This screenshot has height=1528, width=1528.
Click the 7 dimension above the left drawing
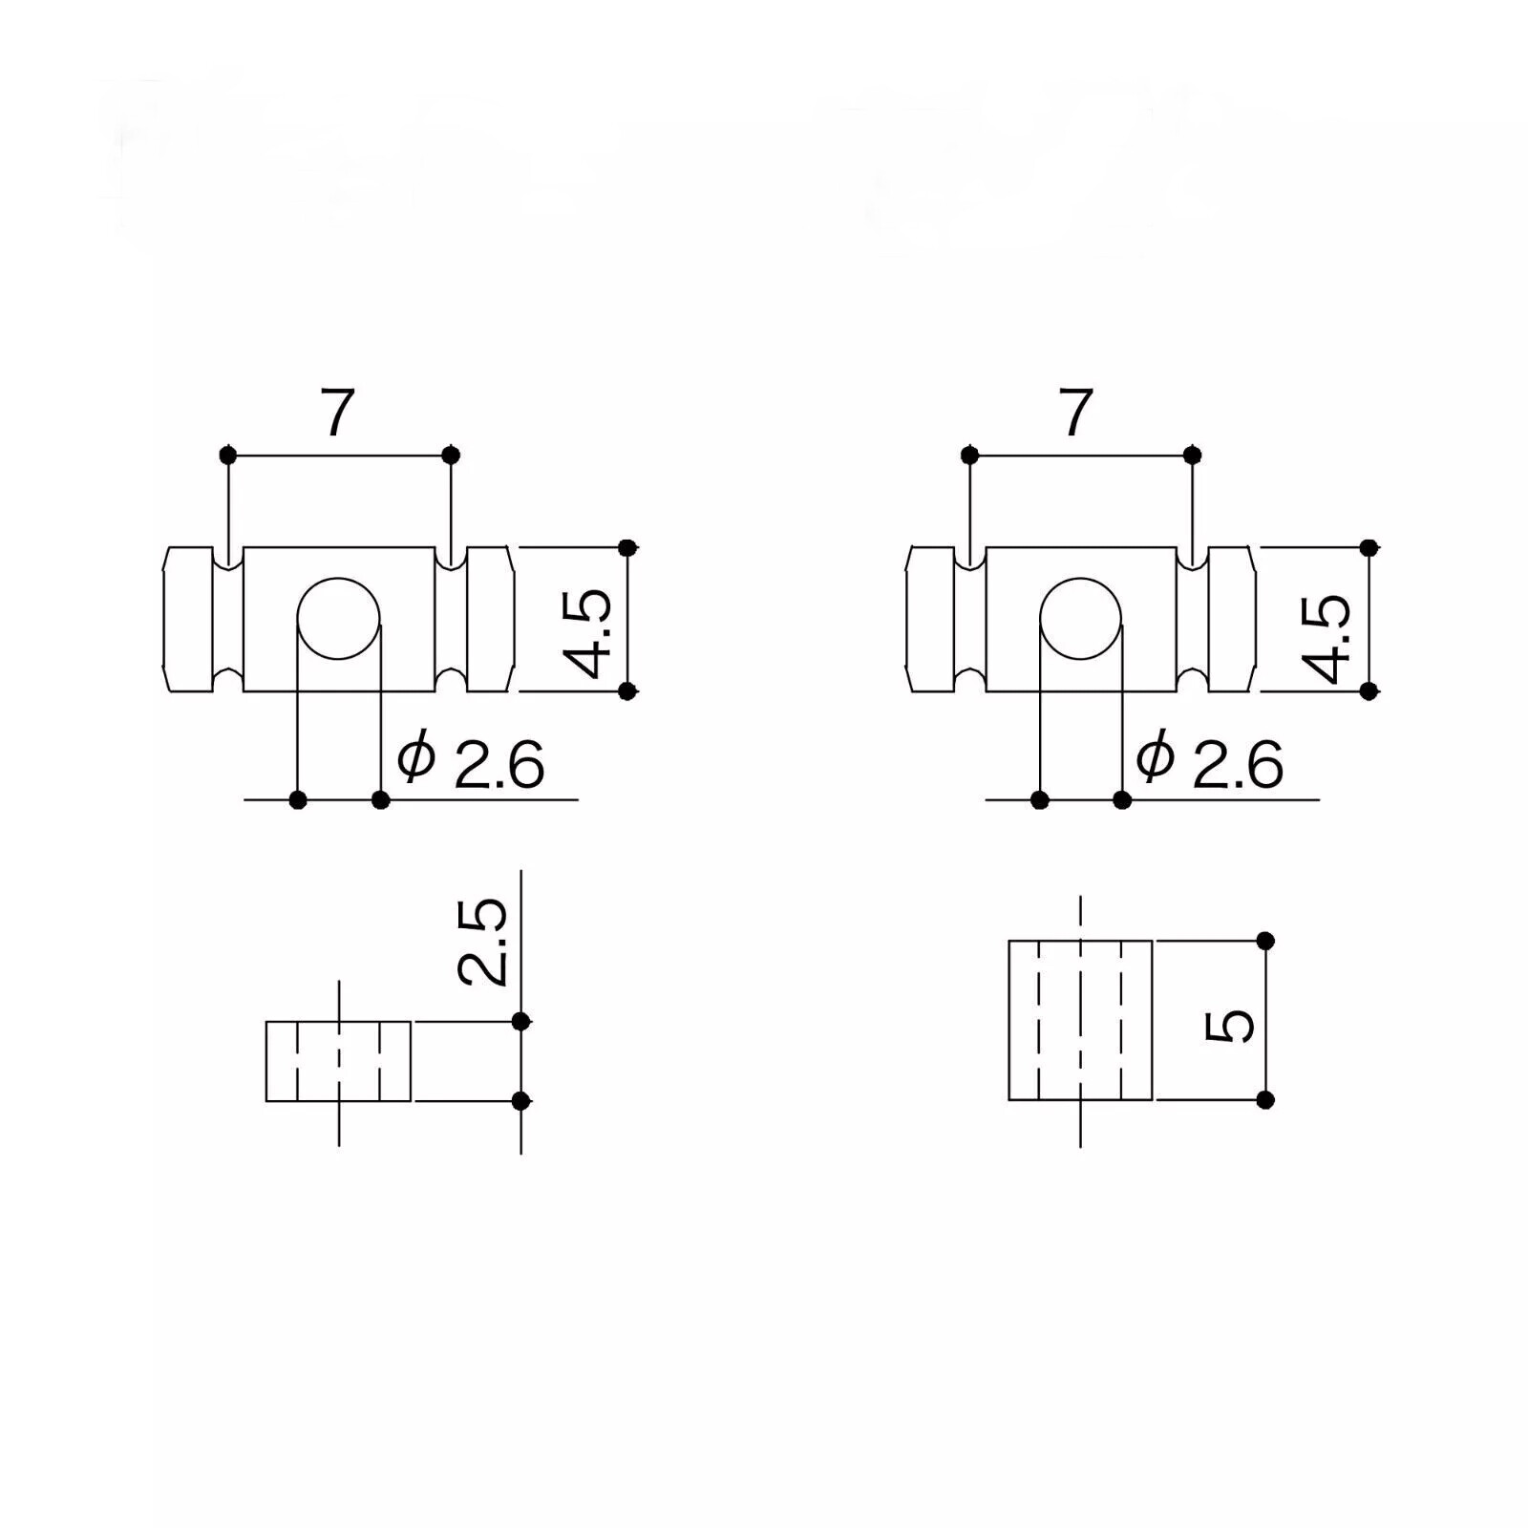click(336, 412)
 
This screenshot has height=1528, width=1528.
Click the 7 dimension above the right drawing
click(1076, 412)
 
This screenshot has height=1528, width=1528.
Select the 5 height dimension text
click(1229, 1027)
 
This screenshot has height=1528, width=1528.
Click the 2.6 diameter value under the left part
click(499, 764)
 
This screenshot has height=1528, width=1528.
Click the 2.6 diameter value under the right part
click(1238, 764)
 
